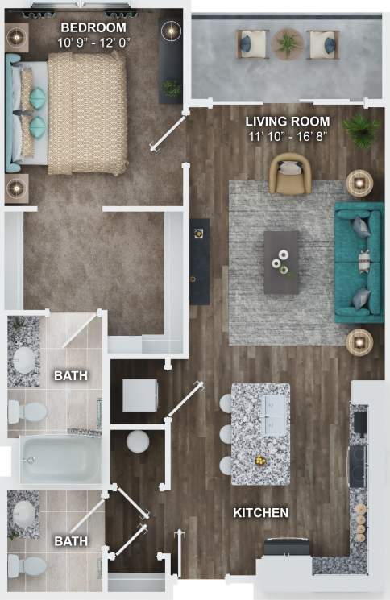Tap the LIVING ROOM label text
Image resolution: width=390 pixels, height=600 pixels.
[288, 122]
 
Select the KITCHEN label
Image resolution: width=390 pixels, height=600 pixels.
[260, 512]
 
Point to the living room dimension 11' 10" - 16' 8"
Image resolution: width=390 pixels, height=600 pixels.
[288, 136]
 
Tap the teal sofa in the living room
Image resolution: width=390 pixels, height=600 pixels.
[359, 262]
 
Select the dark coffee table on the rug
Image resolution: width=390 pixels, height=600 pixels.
[281, 262]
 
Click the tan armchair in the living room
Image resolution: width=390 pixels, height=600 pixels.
[290, 176]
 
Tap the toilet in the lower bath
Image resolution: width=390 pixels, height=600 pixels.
[28, 565]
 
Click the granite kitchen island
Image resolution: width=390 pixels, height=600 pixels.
[260, 433]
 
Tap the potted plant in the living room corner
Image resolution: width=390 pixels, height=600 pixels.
[360, 129]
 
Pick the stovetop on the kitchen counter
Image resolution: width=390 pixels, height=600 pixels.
[357, 463]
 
